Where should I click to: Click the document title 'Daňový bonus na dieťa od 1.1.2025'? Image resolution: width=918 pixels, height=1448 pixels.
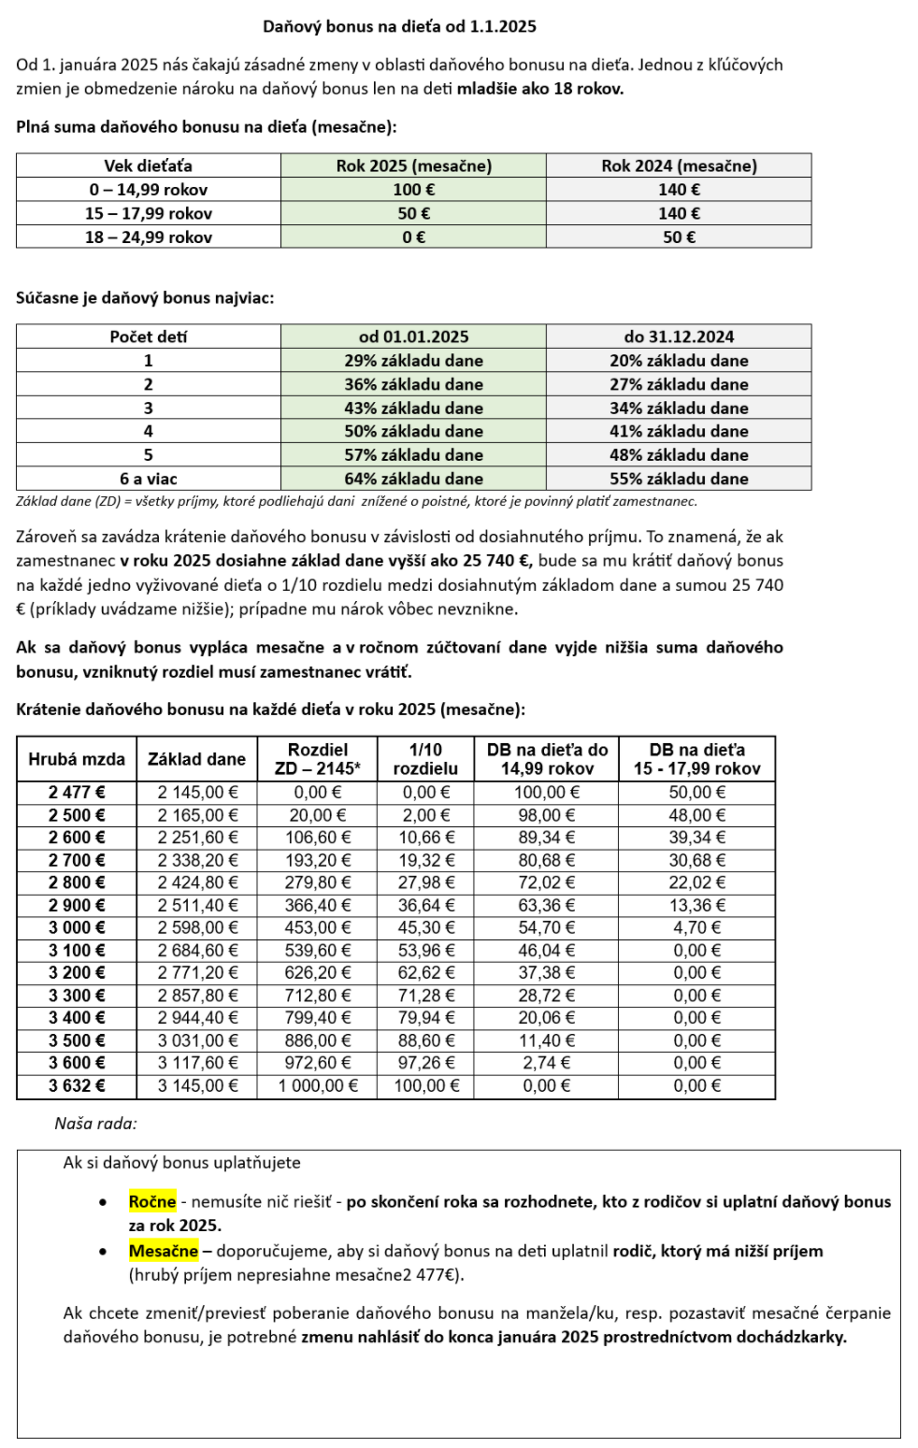click(x=399, y=26)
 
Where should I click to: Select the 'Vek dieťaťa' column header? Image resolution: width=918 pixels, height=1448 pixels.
click(x=148, y=165)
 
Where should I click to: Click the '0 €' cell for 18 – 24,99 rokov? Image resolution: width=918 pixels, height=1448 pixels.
click(x=413, y=237)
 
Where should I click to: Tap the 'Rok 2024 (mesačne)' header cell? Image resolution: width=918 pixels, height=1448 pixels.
click(x=679, y=165)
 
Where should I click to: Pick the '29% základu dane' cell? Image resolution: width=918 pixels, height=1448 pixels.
click(x=413, y=361)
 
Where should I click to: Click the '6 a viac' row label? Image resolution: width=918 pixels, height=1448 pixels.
click(x=148, y=479)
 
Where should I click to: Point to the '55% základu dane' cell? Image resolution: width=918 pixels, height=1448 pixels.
click(x=679, y=479)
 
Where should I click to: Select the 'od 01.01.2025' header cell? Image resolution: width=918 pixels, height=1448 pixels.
click(x=413, y=337)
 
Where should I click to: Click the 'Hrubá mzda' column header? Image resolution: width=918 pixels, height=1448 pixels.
click(x=77, y=759)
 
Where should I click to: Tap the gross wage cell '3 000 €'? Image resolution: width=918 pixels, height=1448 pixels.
click(x=77, y=927)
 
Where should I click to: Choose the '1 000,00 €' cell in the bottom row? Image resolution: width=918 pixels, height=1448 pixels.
click(x=318, y=1085)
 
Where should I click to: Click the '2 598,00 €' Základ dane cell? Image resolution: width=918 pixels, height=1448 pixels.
click(x=197, y=927)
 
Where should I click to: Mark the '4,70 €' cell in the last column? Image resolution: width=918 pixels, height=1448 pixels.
click(x=696, y=927)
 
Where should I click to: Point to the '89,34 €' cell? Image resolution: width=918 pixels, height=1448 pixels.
click(x=546, y=838)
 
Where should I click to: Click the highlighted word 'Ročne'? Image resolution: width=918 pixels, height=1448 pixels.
click(x=152, y=1202)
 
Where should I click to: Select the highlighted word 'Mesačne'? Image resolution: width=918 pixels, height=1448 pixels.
click(x=164, y=1251)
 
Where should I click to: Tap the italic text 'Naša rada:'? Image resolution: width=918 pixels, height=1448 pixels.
click(x=95, y=1124)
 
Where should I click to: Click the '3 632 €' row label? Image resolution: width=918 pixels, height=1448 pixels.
click(x=77, y=1085)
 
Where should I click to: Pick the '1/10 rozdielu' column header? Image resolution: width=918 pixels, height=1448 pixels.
click(x=425, y=759)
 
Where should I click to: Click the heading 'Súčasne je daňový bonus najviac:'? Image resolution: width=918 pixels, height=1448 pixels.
click(x=145, y=298)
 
